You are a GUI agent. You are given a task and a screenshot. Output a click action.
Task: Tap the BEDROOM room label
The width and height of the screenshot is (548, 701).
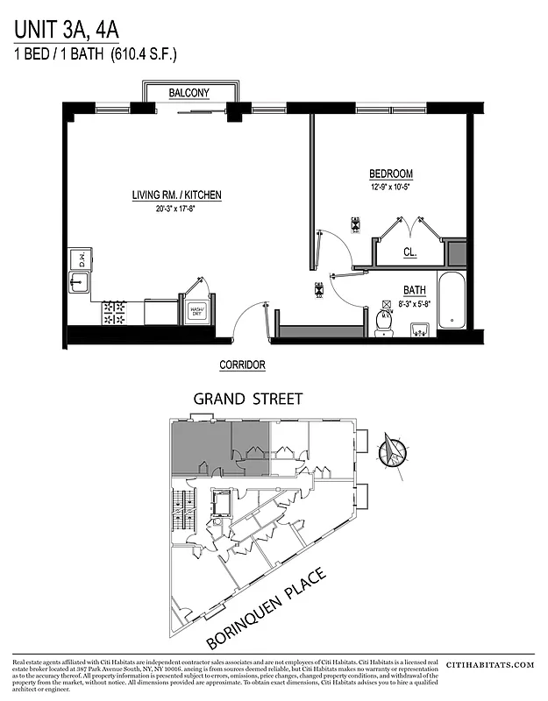click(390, 173)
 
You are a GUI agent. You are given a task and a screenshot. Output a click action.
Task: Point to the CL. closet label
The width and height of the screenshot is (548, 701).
click(409, 252)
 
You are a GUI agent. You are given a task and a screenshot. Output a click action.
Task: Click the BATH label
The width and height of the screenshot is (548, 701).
click(414, 290)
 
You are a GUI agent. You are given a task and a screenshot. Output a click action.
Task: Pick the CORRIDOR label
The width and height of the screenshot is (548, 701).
click(242, 365)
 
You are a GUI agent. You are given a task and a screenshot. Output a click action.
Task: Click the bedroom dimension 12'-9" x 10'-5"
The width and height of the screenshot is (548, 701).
click(390, 187)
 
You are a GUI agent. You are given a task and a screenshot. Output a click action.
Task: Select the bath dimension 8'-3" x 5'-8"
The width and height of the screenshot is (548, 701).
click(414, 303)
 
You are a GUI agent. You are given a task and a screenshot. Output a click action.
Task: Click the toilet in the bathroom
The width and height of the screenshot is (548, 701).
click(383, 322)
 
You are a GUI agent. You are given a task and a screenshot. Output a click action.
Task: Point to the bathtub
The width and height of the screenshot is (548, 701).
click(451, 301)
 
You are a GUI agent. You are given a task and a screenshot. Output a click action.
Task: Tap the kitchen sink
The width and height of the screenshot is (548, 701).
click(78, 283)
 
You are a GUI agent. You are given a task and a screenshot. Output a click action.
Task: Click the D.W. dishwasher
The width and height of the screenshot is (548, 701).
click(78, 258)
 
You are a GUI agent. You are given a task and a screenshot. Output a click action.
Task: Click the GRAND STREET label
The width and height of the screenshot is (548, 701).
click(248, 399)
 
